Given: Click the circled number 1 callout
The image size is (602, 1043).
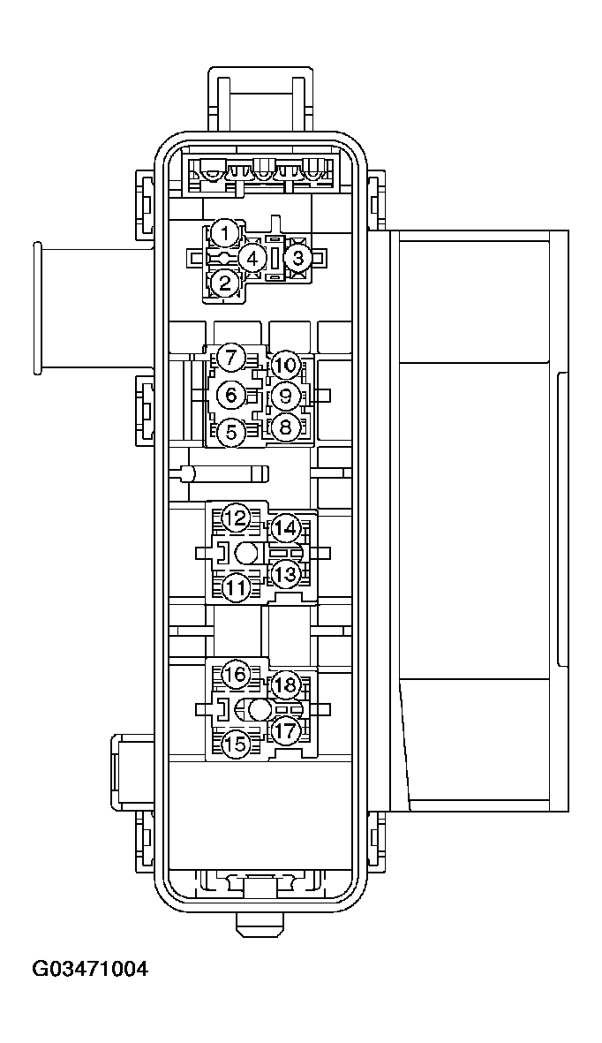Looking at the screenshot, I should tap(225, 235).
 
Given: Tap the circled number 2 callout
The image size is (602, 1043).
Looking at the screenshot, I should tap(225, 283).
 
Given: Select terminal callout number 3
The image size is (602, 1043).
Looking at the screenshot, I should tap(298, 259).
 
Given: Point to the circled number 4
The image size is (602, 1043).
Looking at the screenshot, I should tap(253, 259).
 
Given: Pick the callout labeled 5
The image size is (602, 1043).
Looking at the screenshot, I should tap(232, 432).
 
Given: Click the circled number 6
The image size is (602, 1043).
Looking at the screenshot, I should tap(232, 395).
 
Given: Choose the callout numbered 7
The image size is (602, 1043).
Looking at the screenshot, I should tap(232, 359).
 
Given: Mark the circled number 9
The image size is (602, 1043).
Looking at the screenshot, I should tap(285, 395).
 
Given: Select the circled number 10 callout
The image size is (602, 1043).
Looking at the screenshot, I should tap(285, 364).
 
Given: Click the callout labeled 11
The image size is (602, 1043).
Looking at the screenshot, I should tap(235, 586).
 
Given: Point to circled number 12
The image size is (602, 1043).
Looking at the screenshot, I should tap(235, 518).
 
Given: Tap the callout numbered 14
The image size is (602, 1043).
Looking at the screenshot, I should tap(284, 529).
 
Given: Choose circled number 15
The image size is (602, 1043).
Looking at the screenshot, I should tap(235, 744).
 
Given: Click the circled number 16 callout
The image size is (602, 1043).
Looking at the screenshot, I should tap(235, 675).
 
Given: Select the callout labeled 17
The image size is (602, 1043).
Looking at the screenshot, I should tap(284, 731).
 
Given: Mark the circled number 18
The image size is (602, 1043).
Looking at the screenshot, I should tap(284, 685).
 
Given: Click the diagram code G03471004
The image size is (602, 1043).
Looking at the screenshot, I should tap(90, 970).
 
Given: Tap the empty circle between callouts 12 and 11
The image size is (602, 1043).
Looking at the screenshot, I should tap(248, 554).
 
